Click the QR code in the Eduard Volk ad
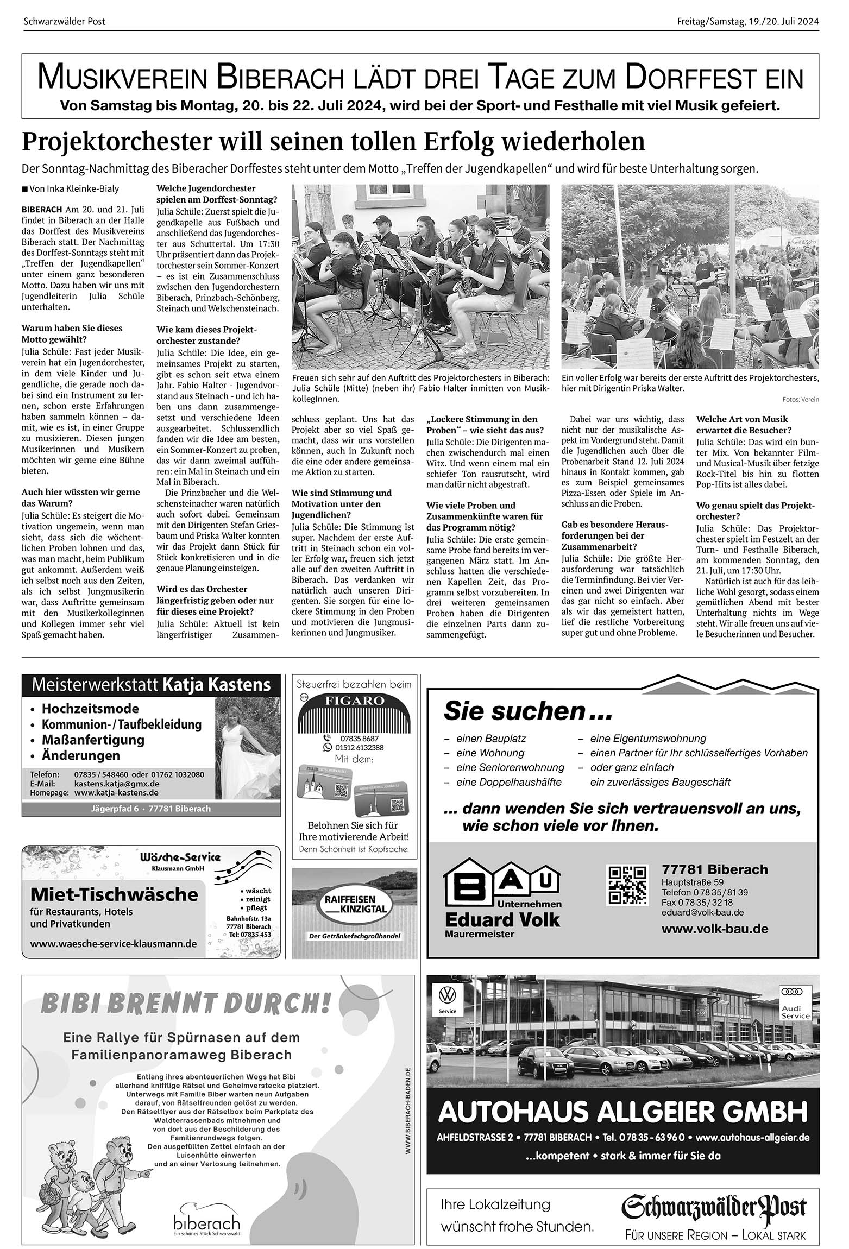point(627,885)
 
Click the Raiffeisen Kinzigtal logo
point(356,904)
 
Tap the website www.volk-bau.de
point(715,929)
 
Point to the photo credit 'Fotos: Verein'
point(801,400)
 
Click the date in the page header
point(747,22)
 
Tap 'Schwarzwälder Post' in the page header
point(65,22)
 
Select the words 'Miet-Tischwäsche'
point(114,894)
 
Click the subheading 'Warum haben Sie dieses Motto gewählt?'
point(72,333)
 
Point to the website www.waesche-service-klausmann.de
point(114,944)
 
